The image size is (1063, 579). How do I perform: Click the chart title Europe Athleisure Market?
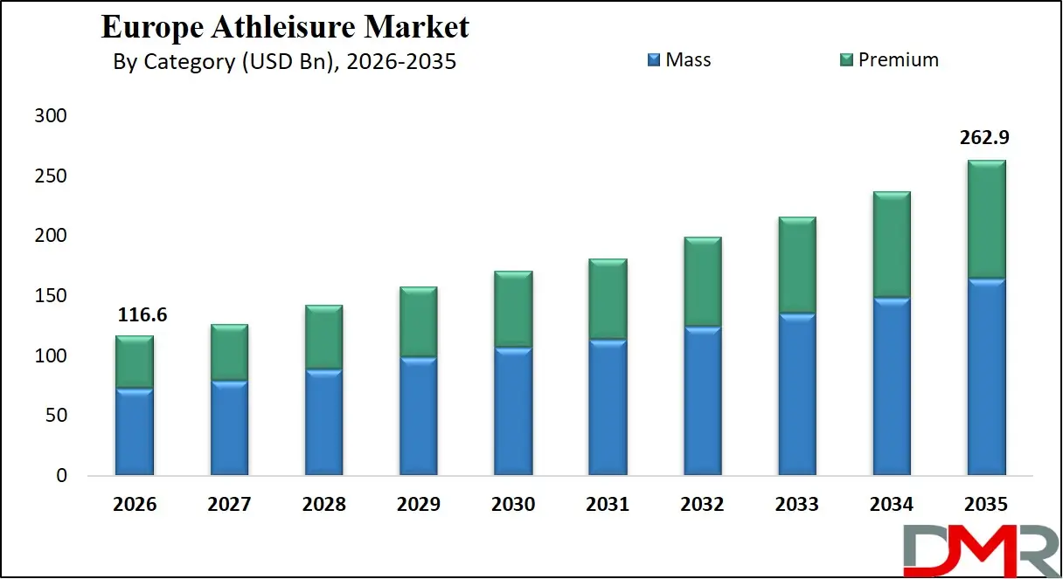(285, 27)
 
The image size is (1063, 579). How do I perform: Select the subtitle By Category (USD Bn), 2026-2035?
(285, 62)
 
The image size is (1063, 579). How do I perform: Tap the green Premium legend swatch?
(846, 60)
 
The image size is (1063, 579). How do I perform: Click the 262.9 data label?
(986, 138)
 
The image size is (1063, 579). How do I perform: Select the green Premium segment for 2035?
(986, 219)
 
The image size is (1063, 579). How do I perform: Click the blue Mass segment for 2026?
(135, 432)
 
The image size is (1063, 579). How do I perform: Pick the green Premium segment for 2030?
(513, 309)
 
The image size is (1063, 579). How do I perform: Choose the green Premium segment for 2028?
(323, 337)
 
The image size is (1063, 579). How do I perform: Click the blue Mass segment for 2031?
(608, 408)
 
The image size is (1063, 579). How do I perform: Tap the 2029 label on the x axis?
(419, 505)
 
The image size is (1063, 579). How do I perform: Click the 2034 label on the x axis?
(892, 505)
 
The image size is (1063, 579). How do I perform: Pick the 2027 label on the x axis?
(229, 505)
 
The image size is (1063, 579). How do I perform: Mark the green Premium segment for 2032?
(702, 282)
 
